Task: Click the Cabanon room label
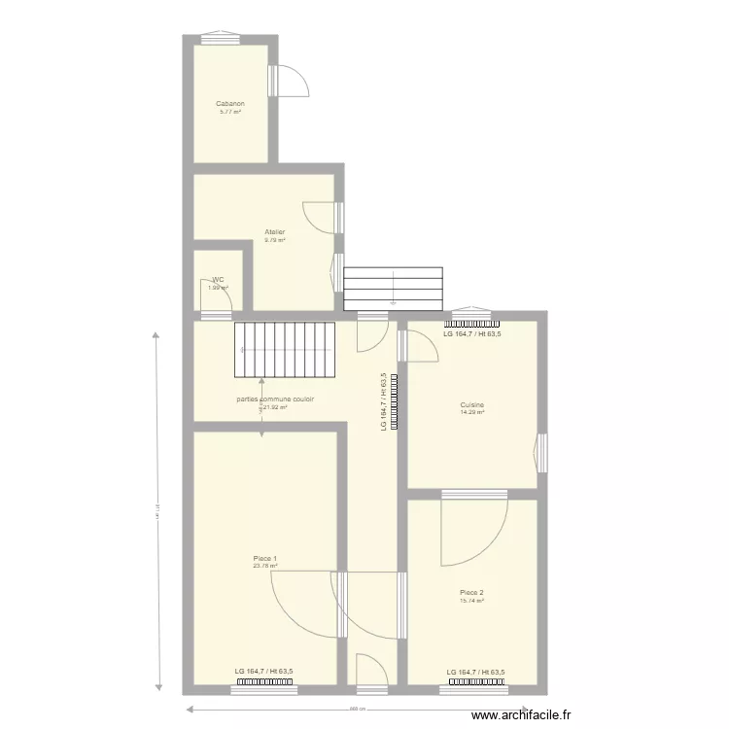230,103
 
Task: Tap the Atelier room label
275,232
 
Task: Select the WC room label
218,280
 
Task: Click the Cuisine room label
472,404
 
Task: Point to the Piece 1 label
264,558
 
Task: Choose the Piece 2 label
471,592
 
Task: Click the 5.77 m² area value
230,112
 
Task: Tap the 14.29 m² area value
472,412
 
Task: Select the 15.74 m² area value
471,601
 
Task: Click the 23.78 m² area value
264,566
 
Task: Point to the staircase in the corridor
285,350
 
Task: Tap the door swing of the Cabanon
292,82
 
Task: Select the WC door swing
217,303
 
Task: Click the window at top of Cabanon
220,39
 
